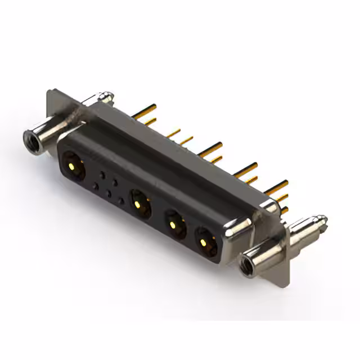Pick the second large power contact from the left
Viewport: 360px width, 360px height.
click(139, 203)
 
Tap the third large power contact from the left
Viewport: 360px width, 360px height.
click(175, 224)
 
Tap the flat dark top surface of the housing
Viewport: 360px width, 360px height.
click(169, 163)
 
